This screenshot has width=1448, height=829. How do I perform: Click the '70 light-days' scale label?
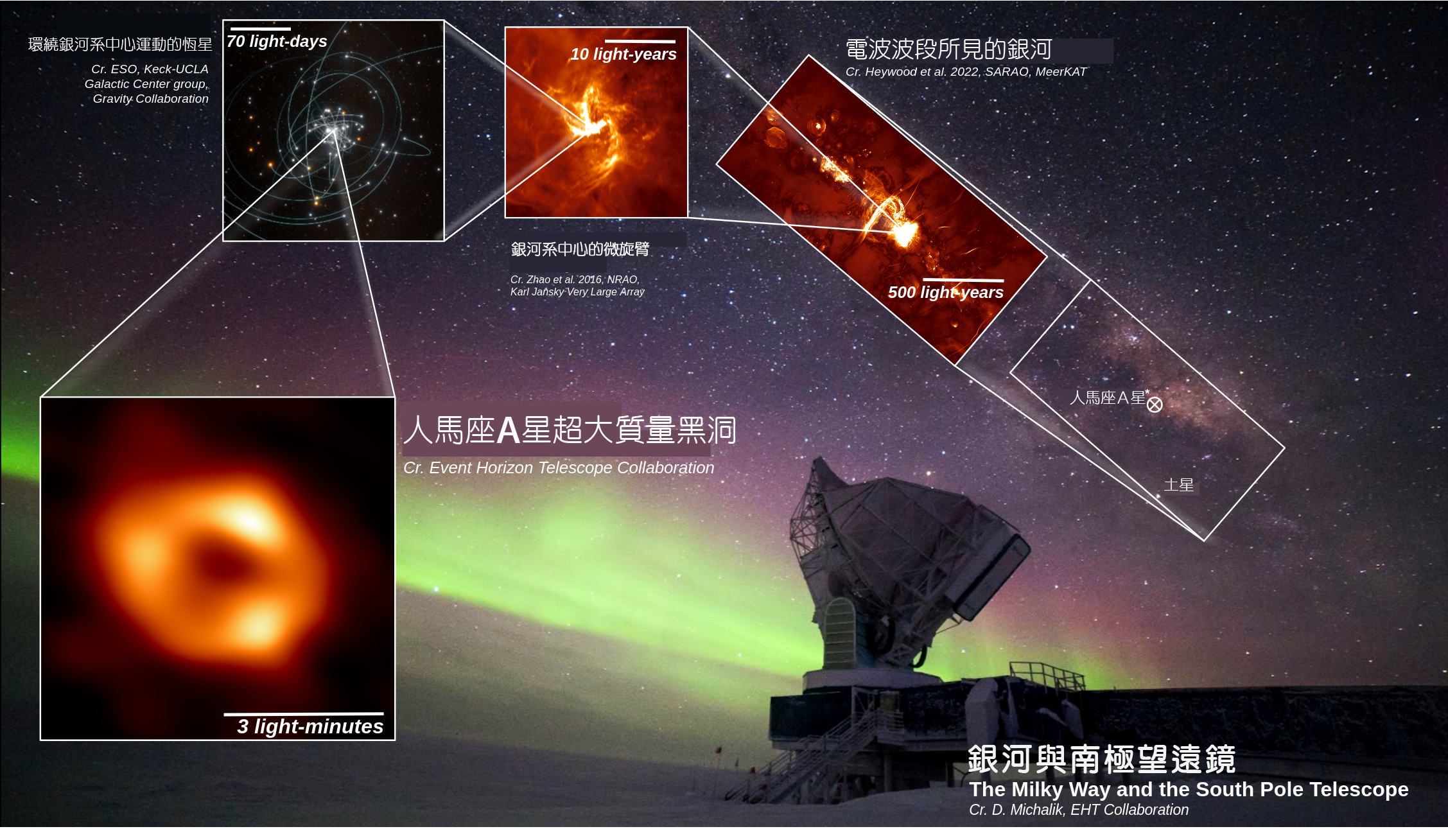[x=277, y=42]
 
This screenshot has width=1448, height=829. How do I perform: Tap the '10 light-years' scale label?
[x=624, y=55]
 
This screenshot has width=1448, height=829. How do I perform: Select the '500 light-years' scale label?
[x=945, y=293]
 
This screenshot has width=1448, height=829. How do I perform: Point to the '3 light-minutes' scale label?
[x=310, y=726]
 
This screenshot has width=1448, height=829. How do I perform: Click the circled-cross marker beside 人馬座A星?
[x=1155, y=405]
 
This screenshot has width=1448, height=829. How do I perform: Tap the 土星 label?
[x=1179, y=485]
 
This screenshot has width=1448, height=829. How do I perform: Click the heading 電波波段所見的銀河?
[x=948, y=49]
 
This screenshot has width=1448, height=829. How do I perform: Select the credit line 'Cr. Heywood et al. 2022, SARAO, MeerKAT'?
[x=966, y=72]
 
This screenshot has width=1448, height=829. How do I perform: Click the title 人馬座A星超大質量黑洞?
[x=570, y=430]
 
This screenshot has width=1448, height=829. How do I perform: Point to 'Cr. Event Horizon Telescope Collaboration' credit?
[x=559, y=467]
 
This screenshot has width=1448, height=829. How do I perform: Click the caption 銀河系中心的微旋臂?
[x=580, y=249]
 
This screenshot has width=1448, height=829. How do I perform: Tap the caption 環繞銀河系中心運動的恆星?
[x=120, y=44]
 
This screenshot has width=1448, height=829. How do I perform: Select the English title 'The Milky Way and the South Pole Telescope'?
[x=1189, y=789]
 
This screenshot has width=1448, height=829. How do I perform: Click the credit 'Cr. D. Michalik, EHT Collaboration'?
[x=1079, y=810]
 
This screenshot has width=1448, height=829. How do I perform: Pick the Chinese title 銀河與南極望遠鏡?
[x=1101, y=760]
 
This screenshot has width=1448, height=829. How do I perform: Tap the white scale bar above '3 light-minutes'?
[x=304, y=713]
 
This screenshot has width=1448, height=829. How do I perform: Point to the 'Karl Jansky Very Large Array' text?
[x=577, y=292]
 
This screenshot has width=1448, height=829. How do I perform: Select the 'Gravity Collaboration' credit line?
[x=150, y=99]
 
